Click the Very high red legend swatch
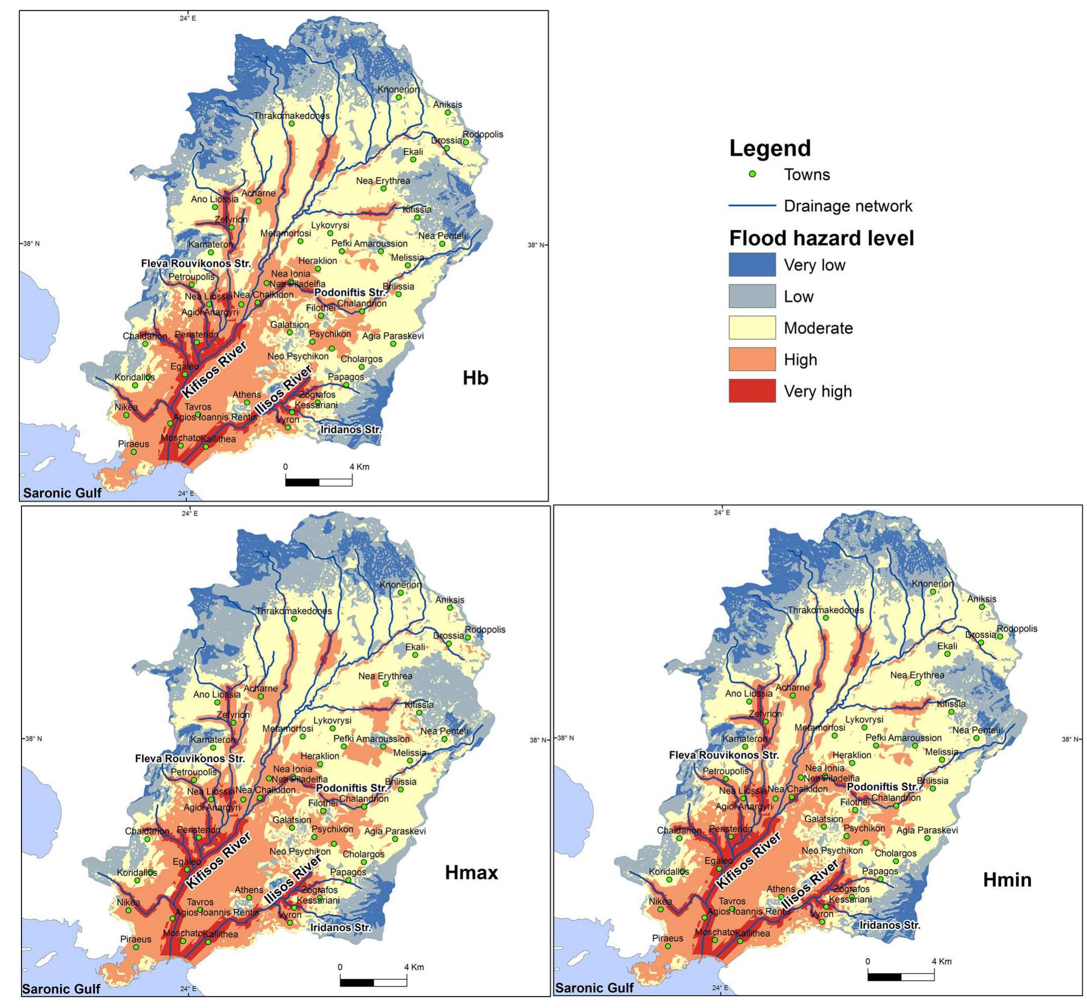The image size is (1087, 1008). tap(752, 390)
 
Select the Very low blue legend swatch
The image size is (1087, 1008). tap(752, 265)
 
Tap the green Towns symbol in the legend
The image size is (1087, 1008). tap(752, 174)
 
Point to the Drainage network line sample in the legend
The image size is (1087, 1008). tap(752, 206)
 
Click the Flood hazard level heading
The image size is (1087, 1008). tap(821, 238)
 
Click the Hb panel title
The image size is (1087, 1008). tap(475, 377)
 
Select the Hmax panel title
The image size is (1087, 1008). tap(471, 872)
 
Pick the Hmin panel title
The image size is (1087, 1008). tap(1007, 880)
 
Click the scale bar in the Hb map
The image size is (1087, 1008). tap(318, 481)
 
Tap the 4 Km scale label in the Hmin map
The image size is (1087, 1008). tap(941, 961)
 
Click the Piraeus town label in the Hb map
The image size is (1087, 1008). tap(133, 443)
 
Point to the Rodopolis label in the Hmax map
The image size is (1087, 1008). tap(485, 629)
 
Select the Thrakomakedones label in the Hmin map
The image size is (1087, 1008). tap(825, 610)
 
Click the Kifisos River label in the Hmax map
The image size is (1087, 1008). tap(218, 860)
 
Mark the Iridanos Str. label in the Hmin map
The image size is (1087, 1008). tap(889, 925)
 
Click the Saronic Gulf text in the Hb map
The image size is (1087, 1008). tap(62, 493)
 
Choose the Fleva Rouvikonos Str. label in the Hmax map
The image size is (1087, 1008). tap(189, 758)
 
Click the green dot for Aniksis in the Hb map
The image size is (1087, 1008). tap(448, 112)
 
